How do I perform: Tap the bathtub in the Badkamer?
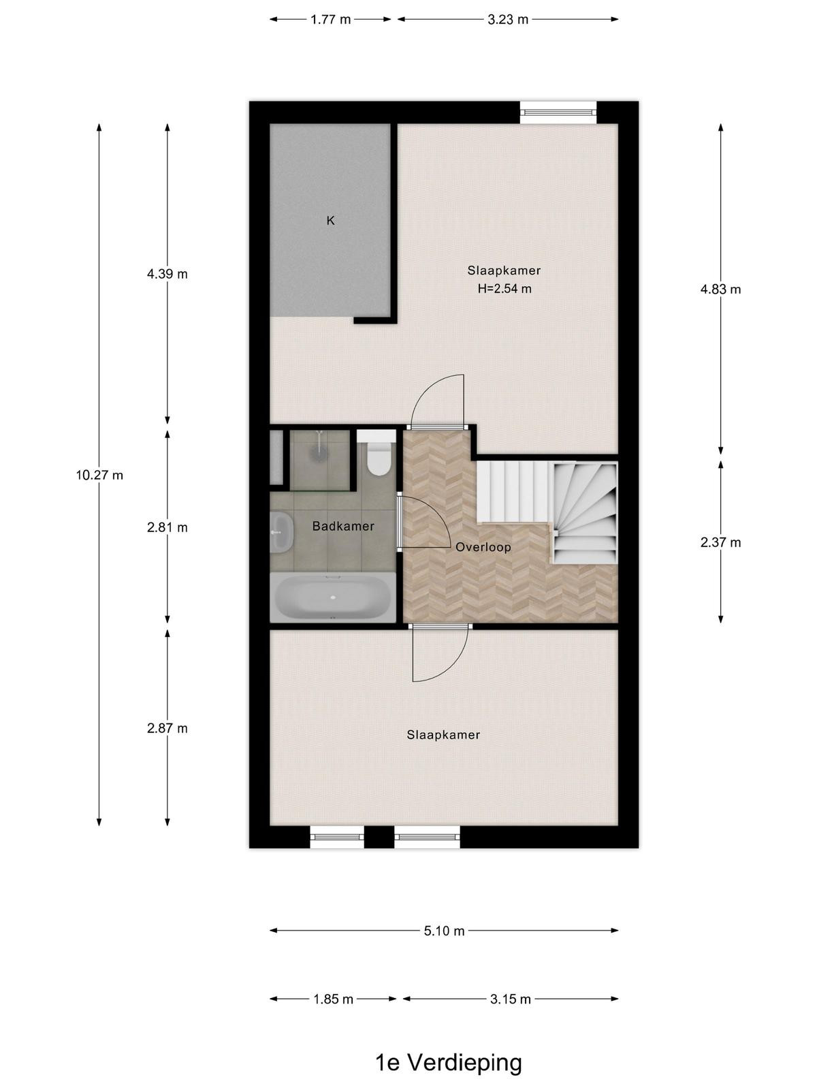pos(332,597)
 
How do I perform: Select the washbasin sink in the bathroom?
pos(281,532)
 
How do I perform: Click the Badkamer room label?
pos(342,527)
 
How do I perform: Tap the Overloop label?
pos(483,547)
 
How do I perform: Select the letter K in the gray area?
pos(330,221)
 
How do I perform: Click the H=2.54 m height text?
pos(504,289)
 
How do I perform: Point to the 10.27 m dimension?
pos(99,476)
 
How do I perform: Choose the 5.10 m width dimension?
pos(444,931)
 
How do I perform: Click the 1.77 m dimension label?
pos(330,19)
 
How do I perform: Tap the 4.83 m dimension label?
pos(720,289)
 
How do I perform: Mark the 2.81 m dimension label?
pos(167,527)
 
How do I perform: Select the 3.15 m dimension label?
pos(511,999)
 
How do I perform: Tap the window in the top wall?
pos(558,112)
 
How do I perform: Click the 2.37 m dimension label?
pos(720,543)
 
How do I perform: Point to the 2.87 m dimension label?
pos(167,728)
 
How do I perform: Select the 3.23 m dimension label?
pos(507,19)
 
